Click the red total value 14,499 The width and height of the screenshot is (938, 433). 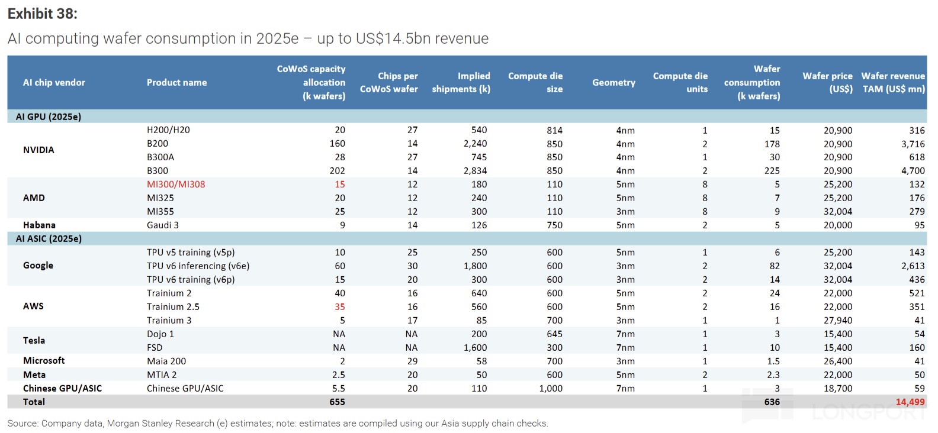coord(910,402)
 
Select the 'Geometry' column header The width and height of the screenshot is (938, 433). coord(613,83)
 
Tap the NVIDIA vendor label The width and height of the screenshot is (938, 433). coord(38,150)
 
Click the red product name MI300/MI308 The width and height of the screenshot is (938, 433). coord(176,185)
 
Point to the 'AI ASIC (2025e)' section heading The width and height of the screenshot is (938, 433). coord(49,239)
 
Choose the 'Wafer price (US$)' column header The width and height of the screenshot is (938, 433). coord(827,83)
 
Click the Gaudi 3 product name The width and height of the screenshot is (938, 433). coord(163,225)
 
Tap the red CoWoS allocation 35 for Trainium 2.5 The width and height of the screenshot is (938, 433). coord(340,307)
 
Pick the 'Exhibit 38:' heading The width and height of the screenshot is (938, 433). coord(42,14)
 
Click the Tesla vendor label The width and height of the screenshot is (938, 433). coord(34,341)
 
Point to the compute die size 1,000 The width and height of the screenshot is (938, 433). coord(551,389)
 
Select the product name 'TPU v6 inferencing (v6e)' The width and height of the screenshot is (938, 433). coord(198,266)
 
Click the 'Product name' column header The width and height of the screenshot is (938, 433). coord(176,83)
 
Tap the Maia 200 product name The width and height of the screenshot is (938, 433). coord(166,361)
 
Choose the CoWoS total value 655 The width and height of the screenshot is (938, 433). coord(337,402)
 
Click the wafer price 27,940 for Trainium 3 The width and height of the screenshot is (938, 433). coord(838,321)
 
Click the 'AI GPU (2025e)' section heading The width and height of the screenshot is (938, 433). coord(49,117)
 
